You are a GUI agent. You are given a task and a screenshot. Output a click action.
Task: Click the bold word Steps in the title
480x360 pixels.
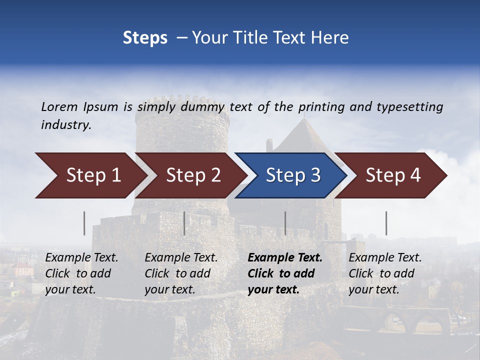pos(145,38)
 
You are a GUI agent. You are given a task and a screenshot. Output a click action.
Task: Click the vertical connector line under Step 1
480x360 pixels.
pos(84,223)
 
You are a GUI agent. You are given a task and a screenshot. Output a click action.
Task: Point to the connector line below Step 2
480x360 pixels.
pos(184,223)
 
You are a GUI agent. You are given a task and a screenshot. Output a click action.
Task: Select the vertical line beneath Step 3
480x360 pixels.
pos(285,223)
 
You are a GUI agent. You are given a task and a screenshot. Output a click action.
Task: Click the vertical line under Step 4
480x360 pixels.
pos(386,223)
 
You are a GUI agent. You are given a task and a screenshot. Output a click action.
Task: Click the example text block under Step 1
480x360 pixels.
pos(81,273)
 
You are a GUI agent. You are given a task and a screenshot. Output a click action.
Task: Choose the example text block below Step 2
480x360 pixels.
pos(181,273)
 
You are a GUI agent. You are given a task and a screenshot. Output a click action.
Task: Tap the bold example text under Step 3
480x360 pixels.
pos(285,273)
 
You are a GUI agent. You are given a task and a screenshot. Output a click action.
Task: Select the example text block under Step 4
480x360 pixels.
pos(385,273)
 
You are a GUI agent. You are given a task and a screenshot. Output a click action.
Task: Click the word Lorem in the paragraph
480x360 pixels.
pos(59,107)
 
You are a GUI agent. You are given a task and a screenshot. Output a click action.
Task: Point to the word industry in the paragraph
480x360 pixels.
pos(66,125)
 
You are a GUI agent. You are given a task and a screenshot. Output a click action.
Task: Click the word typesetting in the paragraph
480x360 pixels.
pos(409,107)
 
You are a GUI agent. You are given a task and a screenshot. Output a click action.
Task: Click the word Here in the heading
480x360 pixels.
pos(330,38)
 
